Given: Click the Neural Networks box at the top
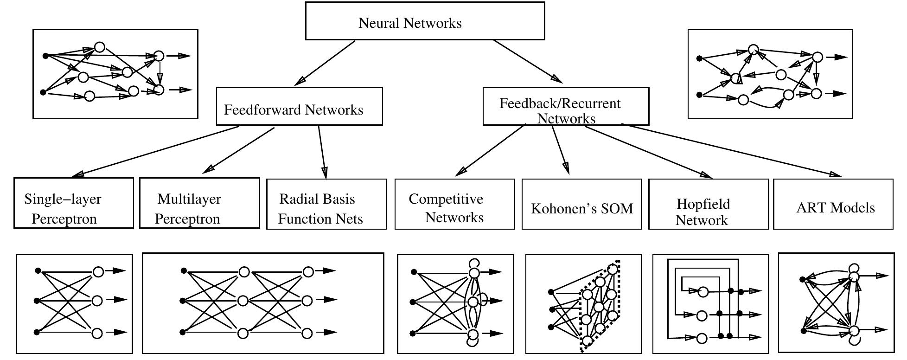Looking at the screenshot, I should pos(424,21).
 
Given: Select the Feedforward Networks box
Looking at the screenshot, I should pos(299,106).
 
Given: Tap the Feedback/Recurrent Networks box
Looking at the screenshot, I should pos(566,106).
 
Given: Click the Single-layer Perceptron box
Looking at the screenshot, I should pos(73,203).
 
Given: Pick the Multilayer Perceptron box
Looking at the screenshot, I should pos(199,203).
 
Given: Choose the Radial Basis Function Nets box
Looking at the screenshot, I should pos(326,204).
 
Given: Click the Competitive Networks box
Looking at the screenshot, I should pos(454,204).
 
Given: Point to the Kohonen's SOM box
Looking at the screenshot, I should pos(581,204).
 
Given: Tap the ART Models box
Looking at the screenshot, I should pos(833,204).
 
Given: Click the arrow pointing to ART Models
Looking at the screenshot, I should pos(733,150).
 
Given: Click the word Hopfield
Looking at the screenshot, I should pos(703,204).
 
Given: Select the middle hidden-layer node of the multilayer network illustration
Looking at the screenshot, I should pos(243,301).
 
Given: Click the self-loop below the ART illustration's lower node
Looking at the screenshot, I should pos(856,340).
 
